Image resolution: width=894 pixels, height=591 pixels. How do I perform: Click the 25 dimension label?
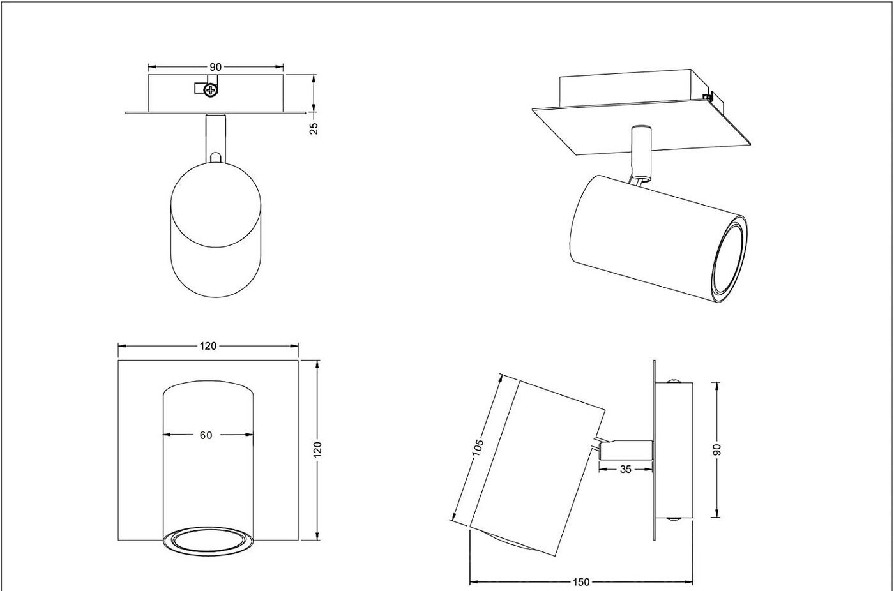[x=314, y=128]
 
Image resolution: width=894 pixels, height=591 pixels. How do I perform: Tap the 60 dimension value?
[x=206, y=435]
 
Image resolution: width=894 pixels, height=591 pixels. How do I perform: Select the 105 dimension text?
[x=478, y=447]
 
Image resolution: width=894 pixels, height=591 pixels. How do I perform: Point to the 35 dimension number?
[x=625, y=469]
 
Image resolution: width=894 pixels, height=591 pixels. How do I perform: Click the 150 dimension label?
[x=581, y=582]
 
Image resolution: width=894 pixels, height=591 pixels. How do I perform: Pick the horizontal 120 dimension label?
[x=208, y=346]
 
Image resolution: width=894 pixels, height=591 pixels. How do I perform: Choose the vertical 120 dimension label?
[x=318, y=449]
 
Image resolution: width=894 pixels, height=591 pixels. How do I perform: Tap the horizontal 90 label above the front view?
[x=215, y=66]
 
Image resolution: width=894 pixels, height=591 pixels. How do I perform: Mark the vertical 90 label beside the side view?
[x=716, y=449]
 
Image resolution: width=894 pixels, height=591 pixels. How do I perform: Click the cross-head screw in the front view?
[x=210, y=90]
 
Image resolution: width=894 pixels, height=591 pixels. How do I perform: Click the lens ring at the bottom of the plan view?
[x=208, y=540]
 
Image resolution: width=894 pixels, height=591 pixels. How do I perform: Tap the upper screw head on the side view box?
[x=673, y=382]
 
